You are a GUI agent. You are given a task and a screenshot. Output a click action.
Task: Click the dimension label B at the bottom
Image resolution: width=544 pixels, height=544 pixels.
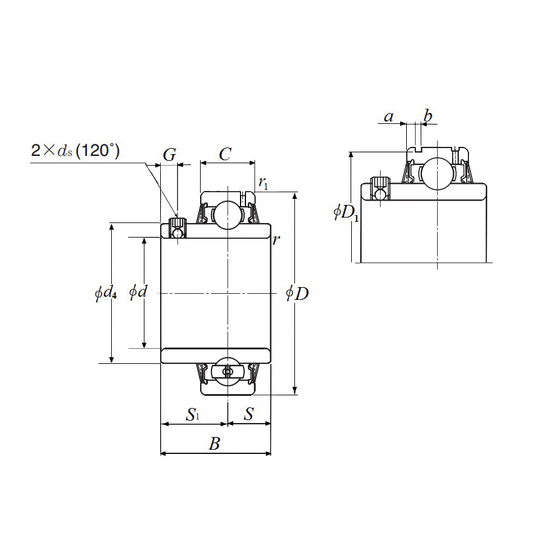point(214,445)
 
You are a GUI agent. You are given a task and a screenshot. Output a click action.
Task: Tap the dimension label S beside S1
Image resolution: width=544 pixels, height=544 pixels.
point(248,414)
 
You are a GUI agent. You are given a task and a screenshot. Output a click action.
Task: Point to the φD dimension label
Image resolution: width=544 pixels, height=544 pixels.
point(297,294)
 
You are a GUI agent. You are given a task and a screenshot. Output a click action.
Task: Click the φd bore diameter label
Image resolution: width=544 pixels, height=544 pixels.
point(138,293)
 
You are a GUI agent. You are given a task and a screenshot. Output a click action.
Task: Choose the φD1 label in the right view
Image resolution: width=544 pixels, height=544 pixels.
point(346,213)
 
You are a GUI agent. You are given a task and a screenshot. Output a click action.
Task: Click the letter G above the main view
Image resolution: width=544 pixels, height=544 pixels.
point(170,155)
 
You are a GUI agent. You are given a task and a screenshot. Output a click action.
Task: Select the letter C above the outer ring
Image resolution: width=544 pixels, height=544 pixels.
point(225,155)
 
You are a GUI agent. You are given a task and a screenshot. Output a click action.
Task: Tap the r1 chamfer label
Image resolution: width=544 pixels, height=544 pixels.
point(262,182)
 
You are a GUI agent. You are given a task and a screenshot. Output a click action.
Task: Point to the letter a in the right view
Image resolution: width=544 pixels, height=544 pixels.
point(389,117)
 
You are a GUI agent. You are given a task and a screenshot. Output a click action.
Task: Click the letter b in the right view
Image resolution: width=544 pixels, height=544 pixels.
point(428,115)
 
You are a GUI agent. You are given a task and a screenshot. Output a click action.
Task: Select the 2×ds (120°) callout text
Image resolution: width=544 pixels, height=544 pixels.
point(75,151)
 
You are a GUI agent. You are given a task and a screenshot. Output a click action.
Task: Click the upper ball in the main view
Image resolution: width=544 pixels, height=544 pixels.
point(226,215)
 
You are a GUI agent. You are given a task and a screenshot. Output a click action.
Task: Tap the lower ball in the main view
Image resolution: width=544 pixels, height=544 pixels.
point(227,371)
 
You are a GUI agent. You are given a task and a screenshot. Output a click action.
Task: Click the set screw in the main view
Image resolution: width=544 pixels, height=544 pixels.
point(178,228)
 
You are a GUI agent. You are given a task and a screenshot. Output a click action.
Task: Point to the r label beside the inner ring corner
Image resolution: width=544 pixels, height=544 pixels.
point(276,240)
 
